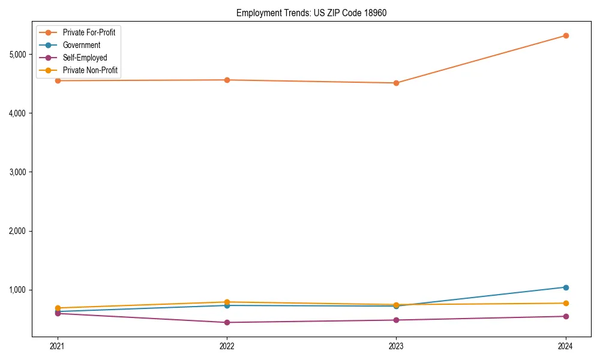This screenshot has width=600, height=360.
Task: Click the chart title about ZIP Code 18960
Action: (x=311, y=13)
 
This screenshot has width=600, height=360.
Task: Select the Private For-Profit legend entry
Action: (x=89, y=32)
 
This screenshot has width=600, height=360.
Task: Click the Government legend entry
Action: (x=82, y=45)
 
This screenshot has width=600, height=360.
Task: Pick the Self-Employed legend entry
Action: (x=85, y=58)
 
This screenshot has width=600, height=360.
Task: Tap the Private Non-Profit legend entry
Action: (x=90, y=70)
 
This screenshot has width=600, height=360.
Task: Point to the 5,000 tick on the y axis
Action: (x=18, y=55)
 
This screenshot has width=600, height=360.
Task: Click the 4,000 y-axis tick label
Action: (x=18, y=113)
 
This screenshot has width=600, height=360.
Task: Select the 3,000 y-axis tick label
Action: (x=18, y=172)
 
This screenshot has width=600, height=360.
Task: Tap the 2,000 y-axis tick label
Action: (x=18, y=231)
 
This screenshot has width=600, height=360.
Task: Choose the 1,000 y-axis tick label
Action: (x=18, y=290)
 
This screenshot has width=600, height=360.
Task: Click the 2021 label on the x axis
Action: (x=58, y=346)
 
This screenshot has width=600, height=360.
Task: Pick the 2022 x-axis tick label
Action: (x=227, y=346)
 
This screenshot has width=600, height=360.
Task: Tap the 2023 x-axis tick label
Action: (x=396, y=346)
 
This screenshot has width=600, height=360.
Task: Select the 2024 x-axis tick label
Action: (x=566, y=346)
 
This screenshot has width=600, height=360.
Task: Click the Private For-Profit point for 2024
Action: (x=566, y=35)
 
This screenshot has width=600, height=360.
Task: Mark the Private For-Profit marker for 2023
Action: (x=396, y=83)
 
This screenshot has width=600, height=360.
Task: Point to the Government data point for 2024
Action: (x=566, y=287)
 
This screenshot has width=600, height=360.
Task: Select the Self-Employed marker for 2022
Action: (x=227, y=322)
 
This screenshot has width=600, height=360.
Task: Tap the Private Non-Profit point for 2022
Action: (x=227, y=302)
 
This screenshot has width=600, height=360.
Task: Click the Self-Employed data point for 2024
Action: (x=566, y=316)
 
